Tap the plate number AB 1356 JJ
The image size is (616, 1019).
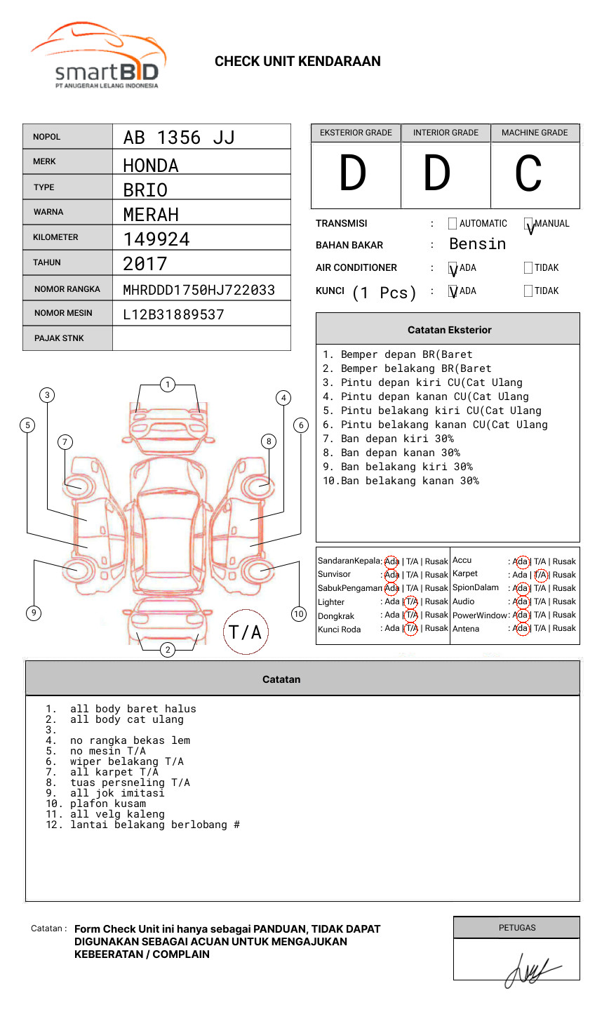179,138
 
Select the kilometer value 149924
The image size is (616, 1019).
156,239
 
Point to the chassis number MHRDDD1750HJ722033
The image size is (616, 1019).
199,290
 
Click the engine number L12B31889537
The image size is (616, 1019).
173,314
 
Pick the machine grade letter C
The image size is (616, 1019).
528,174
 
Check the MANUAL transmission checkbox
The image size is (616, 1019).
529,224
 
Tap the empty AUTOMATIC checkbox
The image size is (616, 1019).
453,224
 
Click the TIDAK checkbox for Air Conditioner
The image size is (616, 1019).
528,268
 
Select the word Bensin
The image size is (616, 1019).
477,244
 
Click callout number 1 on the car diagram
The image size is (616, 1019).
167,385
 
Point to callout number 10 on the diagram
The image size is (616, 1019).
299,614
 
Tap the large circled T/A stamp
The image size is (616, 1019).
246,632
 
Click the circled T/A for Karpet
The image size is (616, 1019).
540,575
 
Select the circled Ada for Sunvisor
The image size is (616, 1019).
391,575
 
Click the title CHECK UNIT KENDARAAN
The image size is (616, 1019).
297,62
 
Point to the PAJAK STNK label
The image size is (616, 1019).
59,338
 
